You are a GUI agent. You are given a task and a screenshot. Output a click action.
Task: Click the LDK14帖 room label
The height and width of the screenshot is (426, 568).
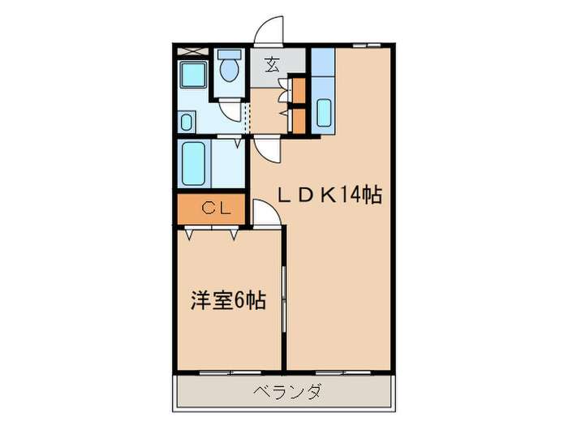[330, 195]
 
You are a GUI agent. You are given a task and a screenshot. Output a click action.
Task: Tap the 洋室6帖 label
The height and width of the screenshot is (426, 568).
[228, 299]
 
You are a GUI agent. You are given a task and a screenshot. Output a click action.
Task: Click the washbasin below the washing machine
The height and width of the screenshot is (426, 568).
[187, 122]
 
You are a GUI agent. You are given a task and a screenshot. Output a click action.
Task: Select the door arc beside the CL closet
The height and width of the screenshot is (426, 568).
[264, 213]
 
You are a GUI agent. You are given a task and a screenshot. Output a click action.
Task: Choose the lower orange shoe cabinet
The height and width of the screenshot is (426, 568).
[299, 120]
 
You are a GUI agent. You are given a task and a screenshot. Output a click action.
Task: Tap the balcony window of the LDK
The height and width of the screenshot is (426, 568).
[341, 372]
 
